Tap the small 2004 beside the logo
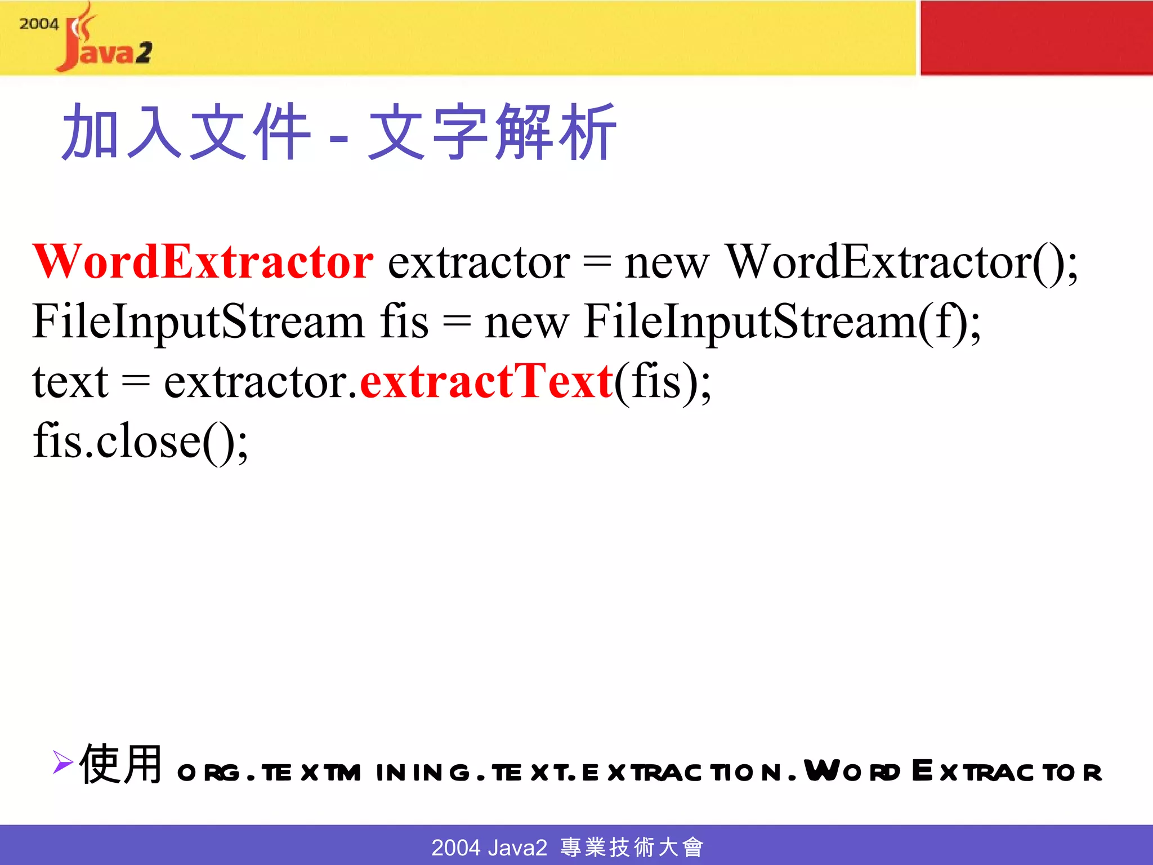pyautogui.click(x=38, y=24)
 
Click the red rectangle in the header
pyautogui.click(x=1036, y=37)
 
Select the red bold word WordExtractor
pyautogui.click(x=203, y=262)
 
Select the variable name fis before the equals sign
pyautogui.click(x=404, y=322)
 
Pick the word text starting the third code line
pyautogui.click(x=70, y=382)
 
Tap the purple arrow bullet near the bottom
pyautogui.click(x=62, y=762)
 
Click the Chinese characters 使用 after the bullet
pyautogui.click(x=121, y=764)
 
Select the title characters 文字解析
pyautogui.click(x=493, y=132)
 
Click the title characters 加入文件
pyautogui.click(x=186, y=132)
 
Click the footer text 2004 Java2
pyautogui.click(x=489, y=847)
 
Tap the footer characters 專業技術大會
pyautogui.click(x=632, y=847)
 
